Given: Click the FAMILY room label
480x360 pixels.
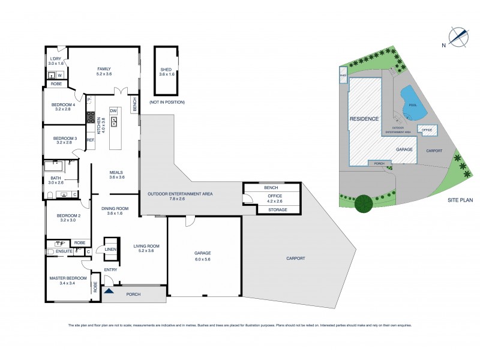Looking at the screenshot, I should (104, 69).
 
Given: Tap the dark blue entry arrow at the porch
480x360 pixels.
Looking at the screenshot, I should (109, 291).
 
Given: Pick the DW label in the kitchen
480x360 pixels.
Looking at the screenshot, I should (113, 111).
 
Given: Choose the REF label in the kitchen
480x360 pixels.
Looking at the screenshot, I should (91, 140).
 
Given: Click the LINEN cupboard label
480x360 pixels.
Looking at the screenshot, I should (110, 249).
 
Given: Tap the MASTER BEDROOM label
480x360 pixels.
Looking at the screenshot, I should (68, 278).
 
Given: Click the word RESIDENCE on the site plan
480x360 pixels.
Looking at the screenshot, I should (364, 119).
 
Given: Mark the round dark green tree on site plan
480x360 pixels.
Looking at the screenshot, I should (364, 204).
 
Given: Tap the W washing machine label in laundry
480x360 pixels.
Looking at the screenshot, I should (60, 75).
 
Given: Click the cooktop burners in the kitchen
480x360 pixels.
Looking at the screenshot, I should (92, 117).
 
